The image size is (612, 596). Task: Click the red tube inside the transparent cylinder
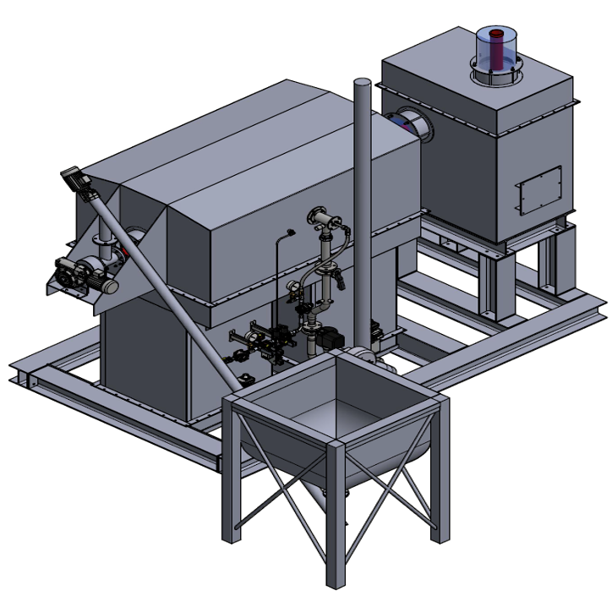(498, 49)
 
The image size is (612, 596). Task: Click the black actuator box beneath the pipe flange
(331, 336)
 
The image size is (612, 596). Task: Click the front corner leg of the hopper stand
(336, 516)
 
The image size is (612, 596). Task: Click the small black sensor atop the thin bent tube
(291, 232)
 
